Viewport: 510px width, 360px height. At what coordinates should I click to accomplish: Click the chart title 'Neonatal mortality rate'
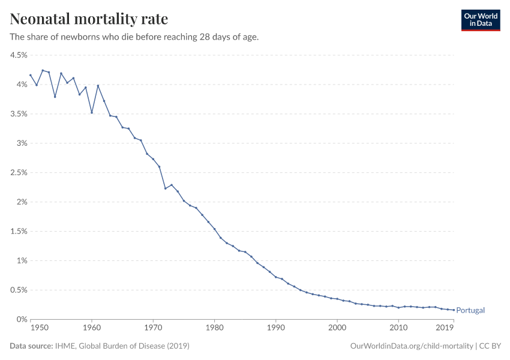tap(89, 19)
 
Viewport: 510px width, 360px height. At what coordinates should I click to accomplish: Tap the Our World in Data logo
tap(480, 20)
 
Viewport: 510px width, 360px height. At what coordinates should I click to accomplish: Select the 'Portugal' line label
tap(470, 310)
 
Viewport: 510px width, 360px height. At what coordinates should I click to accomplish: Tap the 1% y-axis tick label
tap(21, 260)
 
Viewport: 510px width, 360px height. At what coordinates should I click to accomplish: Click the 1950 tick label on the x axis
tap(39, 328)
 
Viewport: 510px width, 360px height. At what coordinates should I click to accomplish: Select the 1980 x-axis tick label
tap(214, 328)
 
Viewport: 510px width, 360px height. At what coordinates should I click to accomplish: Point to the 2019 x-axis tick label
tap(445, 328)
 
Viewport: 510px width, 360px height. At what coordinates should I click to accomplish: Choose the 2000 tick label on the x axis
tap(337, 328)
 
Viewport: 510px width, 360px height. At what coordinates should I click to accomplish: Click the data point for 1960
tap(92, 112)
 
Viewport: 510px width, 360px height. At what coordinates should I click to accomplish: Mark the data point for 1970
tap(153, 159)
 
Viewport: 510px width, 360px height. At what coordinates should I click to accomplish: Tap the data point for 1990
tap(275, 277)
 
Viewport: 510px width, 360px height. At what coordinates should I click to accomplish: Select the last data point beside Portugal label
tap(454, 310)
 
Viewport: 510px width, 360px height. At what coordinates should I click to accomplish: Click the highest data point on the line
tap(43, 70)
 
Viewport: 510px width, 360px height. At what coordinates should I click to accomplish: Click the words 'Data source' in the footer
tap(30, 346)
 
